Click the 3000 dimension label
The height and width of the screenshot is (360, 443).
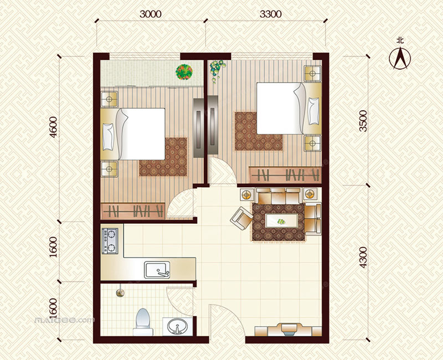coord(150,14)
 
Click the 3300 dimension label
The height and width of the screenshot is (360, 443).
coord(271,14)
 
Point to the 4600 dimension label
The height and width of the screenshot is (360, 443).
coord(53,127)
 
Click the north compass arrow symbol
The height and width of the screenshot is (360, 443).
coord(400,58)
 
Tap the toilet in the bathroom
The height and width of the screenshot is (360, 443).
coord(143,322)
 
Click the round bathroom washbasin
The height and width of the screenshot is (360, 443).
coord(177,326)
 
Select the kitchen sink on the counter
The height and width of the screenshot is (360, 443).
coord(157,270)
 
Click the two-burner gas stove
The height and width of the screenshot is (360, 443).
coord(110,240)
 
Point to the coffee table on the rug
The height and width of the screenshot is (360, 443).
coord(282,220)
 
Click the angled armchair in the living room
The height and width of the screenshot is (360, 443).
coord(241,218)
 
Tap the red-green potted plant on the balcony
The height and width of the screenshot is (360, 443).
coord(184,72)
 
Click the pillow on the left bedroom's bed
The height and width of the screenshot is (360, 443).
coord(108,137)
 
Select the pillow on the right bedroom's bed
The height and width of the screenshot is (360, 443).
coord(313,111)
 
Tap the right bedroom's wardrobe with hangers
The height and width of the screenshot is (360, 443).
coord(285,174)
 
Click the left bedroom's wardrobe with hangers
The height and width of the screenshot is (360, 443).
coord(132,210)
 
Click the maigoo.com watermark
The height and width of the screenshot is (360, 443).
coord(64,321)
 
